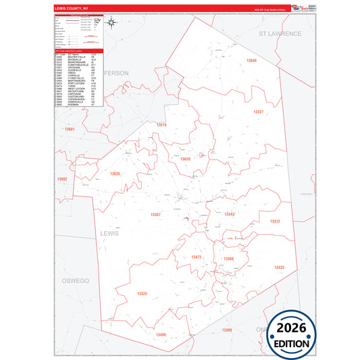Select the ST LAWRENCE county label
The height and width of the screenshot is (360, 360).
280,32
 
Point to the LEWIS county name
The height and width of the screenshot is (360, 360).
109,233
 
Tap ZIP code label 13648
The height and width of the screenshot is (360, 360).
251,60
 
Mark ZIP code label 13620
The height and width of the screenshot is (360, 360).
184,159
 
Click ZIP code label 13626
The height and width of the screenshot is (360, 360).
115,174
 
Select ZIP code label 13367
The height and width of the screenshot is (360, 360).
155,214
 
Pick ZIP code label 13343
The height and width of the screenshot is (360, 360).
229,214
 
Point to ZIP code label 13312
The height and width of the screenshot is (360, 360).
275,221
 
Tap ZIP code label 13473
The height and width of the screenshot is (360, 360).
197,257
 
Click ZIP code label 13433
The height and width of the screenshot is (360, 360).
279,268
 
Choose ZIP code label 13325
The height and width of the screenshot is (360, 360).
142,294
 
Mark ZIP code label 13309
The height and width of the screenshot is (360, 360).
227,330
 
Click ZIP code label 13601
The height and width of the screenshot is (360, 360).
68,128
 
